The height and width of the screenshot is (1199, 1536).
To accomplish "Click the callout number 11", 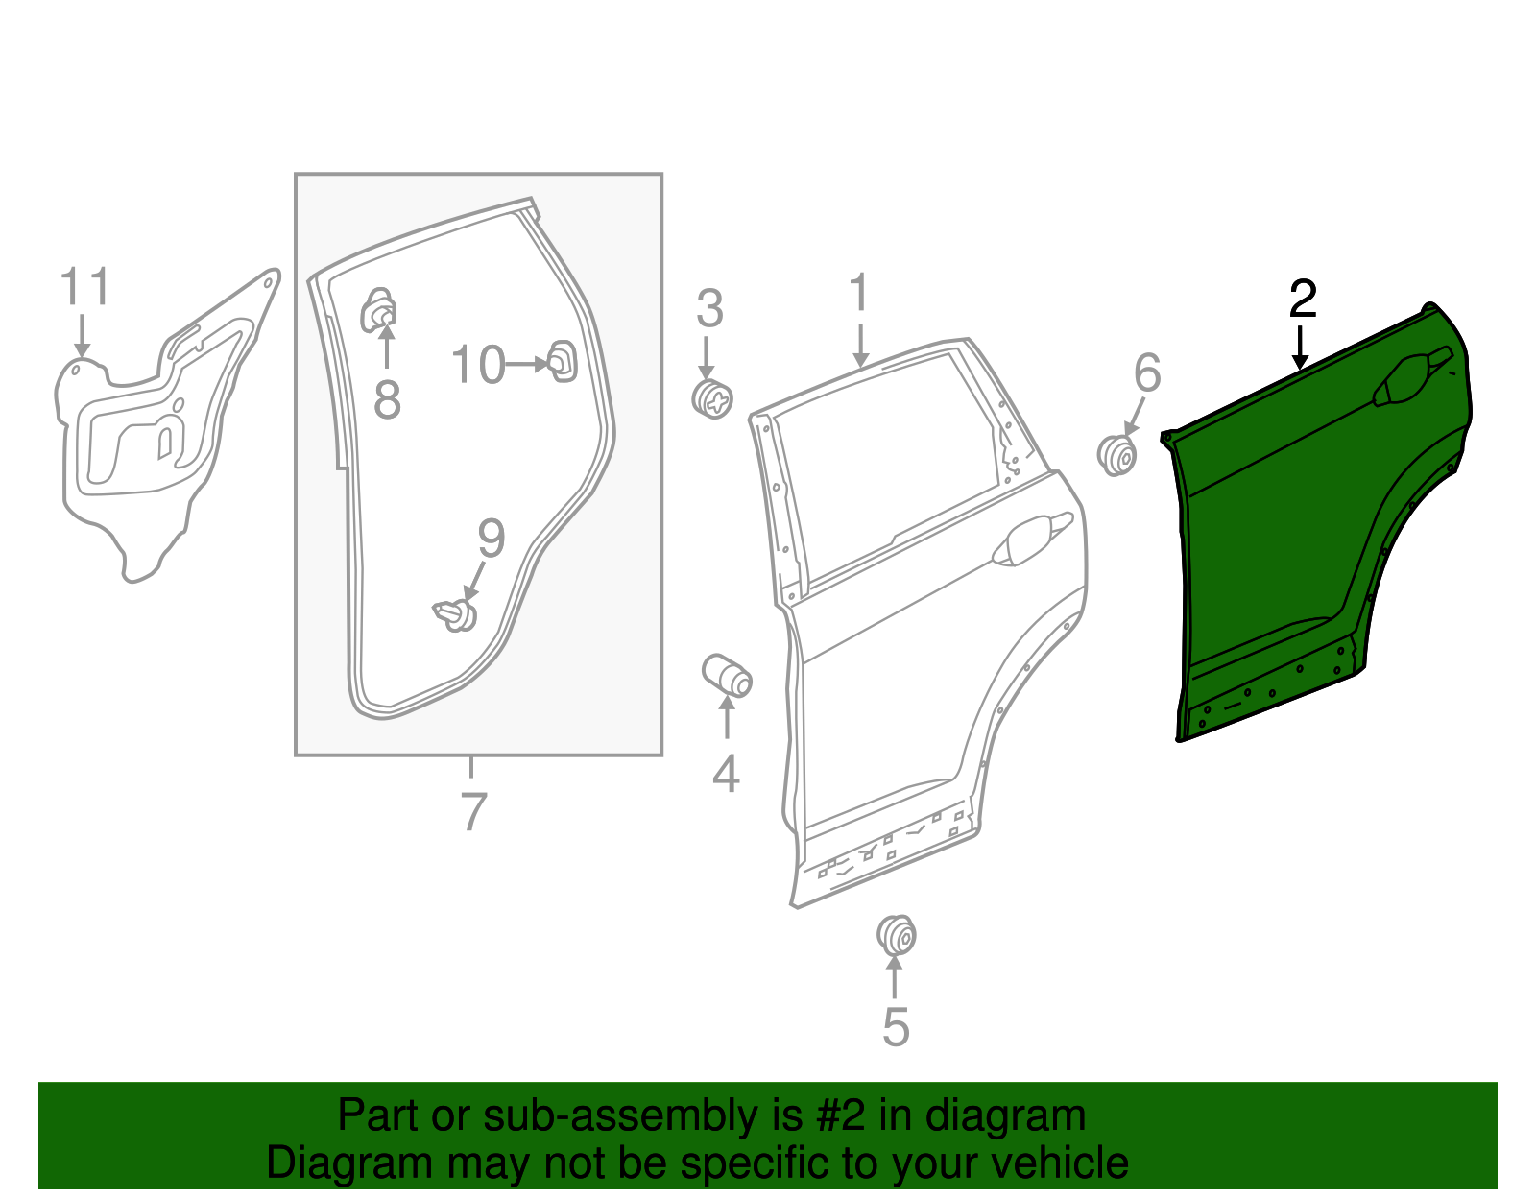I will tap(84, 287).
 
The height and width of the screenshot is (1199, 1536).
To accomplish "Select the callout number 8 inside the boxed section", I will tap(387, 399).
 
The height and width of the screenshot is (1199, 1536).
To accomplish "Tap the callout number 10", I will tap(477, 366).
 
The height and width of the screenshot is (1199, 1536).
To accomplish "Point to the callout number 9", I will tap(491, 540).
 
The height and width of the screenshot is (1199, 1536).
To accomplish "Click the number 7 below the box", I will tap(473, 811).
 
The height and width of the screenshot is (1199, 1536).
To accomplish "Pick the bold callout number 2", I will tap(1303, 300).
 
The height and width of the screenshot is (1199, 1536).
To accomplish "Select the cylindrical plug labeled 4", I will tap(728, 674).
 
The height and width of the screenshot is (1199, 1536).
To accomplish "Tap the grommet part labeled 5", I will tap(897, 935).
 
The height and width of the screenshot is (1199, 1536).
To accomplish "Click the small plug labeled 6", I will tap(1117, 455).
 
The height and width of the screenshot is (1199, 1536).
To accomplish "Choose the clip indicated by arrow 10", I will tap(562, 361).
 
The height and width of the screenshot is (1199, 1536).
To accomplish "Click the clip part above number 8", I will tap(379, 309).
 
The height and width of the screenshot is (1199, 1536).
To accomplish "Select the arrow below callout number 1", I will tap(860, 346).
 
